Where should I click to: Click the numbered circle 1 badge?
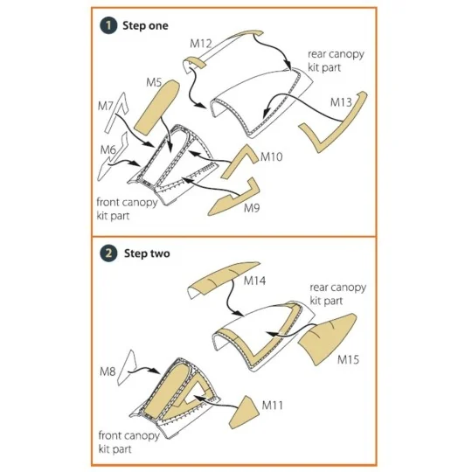point(108,25)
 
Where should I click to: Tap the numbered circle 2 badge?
point(108,253)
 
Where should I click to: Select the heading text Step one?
point(145,25)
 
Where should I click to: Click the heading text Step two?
point(147,253)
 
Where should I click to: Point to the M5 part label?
point(154,82)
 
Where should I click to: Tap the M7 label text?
point(105,106)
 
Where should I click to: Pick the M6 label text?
point(108,149)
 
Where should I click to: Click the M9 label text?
point(252,208)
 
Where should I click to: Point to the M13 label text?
point(341,102)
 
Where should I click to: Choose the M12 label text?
point(201,44)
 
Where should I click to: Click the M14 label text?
point(254,281)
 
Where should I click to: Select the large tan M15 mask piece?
point(328,338)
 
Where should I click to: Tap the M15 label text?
point(348,359)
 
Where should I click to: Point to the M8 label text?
point(108,371)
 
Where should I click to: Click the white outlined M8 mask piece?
point(127,367)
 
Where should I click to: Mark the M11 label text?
point(273,406)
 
